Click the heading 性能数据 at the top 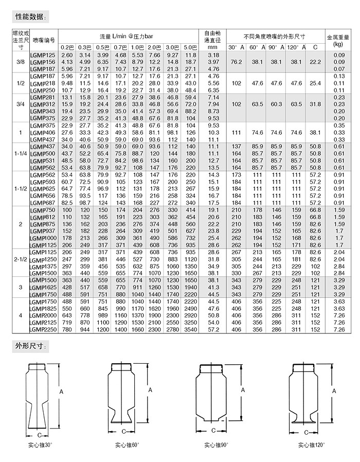(x=29, y=17)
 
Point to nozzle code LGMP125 (x=43, y=55)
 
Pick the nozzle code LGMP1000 (x=43, y=238)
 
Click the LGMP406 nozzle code (x=43, y=132)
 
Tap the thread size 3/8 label (x=21, y=62)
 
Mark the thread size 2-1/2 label (x=21, y=262)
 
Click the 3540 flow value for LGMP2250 (x=191, y=329)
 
